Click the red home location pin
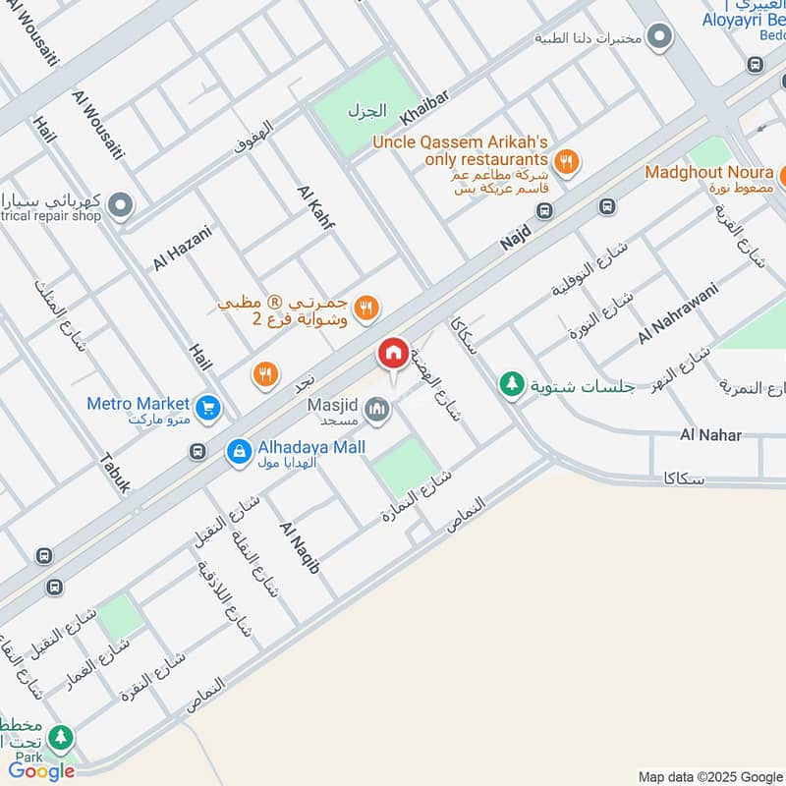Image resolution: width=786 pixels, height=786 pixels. (393, 354)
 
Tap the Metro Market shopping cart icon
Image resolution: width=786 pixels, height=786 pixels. (207, 406)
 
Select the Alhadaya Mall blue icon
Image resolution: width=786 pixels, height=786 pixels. (238, 452)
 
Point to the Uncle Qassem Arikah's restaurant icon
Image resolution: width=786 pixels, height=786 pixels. (565, 161)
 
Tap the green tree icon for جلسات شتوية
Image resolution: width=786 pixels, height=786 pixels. (511, 384)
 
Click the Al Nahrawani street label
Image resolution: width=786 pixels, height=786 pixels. (678, 312)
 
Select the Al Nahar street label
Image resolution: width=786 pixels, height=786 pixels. (710, 434)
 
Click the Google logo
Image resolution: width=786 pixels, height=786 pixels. (41, 771)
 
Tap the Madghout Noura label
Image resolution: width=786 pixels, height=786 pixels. (707, 172)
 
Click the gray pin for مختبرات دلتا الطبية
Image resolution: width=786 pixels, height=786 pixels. (660, 38)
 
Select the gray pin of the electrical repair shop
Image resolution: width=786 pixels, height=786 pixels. (120, 205)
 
